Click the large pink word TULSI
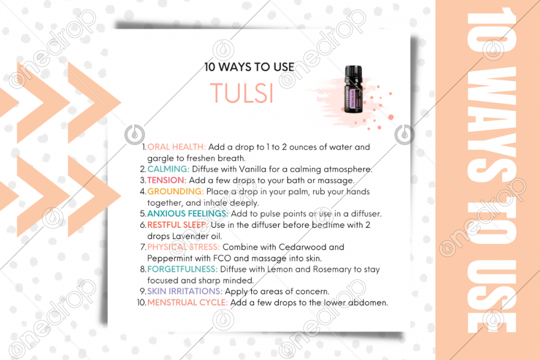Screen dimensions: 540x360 coord(242,93)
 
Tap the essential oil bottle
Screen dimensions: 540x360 coord(353,90)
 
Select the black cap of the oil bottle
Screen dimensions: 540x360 coord(353,73)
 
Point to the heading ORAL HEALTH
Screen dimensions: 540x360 coord(177,147)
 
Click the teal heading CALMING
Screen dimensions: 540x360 coord(168,169)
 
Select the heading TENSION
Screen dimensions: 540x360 coord(167,180)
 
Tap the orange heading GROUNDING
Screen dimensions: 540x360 coord(175,192)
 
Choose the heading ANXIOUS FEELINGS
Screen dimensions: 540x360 coord(188,214)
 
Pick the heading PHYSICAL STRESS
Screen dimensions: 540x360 coord(184,247)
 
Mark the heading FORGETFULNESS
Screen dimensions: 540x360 coord(183,269)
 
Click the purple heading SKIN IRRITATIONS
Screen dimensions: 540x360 coord(185,291)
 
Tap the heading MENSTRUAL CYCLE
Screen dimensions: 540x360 coord(188,303)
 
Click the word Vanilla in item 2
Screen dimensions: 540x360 coord(253,169)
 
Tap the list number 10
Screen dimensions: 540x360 coord(141,303)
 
